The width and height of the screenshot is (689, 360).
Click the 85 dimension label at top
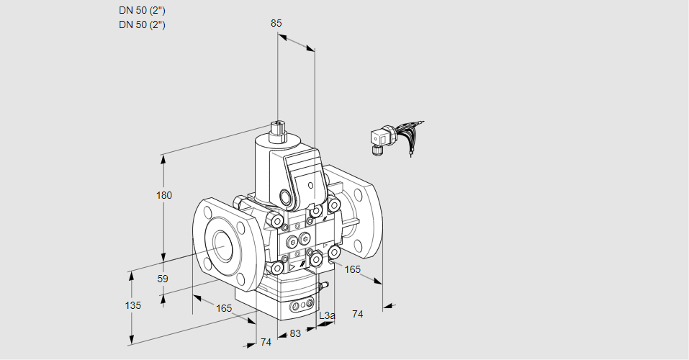tap(276, 23)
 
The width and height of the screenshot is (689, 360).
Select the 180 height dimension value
tap(164, 195)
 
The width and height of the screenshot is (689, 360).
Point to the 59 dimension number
tap(163, 279)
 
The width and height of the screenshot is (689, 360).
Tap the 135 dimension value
tap(133, 305)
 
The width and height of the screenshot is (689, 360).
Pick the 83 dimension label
tap(295, 333)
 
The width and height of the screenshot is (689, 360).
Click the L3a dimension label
tap(327, 315)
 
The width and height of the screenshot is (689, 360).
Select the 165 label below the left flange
tap(224, 309)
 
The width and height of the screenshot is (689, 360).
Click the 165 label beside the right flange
tap(352, 269)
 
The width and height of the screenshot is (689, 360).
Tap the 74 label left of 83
tap(266, 342)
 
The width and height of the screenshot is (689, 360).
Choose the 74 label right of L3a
tap(358, 314)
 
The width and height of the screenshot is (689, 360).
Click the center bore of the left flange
tap(224, 244)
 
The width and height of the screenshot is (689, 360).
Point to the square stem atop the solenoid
tap(278, 130)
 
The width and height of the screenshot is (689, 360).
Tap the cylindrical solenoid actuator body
tap(269, 167)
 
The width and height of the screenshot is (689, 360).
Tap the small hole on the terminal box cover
tap(311, 186)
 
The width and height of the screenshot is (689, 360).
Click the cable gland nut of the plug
tap(376, 150)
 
